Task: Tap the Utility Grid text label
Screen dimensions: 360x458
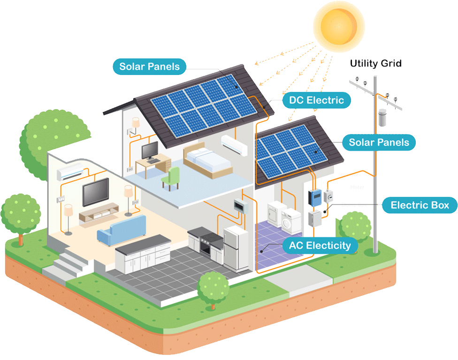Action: tap(376, 63)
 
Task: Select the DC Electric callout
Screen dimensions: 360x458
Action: tap(316, 100)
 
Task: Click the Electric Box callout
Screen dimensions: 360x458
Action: tap(420, 205)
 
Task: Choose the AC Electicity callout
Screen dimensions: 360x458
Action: tap(320, 245)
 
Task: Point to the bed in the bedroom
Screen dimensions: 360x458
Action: tap(207, 158)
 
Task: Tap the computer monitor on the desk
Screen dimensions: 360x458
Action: tap(151, 151)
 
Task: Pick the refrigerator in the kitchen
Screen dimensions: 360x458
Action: tap(236, 248)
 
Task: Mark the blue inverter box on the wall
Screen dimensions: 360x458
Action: tap(313, 197)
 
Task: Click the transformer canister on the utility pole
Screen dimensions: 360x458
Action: tap(383, 118)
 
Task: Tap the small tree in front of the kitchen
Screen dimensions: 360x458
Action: tap(213, 287)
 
